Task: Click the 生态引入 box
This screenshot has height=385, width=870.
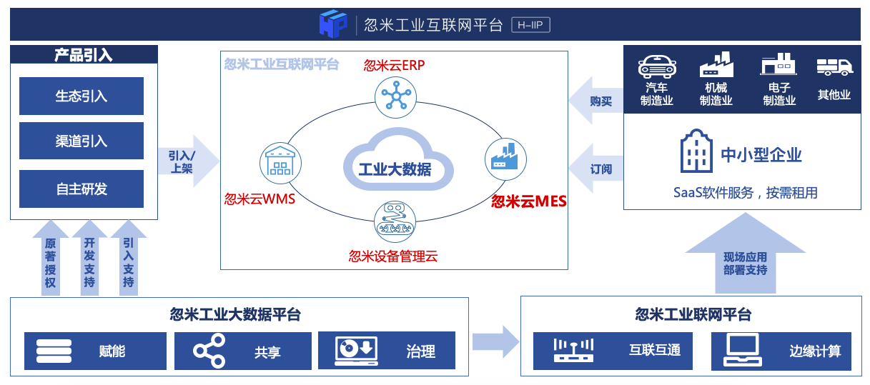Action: (81, 96)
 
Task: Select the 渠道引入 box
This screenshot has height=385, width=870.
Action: (81, 141)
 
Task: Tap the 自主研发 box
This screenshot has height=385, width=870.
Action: (81, 189)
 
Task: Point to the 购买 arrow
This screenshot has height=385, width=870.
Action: (594, 102)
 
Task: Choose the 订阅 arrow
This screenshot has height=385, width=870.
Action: (594, 169)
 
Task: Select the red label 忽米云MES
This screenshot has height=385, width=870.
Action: (528, 201)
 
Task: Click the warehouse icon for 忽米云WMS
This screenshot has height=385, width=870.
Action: (277, 160)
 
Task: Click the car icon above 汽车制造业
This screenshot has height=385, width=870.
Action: (657, 67)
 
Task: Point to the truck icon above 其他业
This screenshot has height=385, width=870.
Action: (834, 67)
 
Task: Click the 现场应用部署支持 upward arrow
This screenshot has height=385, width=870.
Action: (745, 256)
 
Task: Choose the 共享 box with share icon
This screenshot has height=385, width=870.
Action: (243, 351)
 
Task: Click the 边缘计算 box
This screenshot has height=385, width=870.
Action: (781, 351)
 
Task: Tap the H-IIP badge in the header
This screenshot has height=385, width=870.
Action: (531, 26)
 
